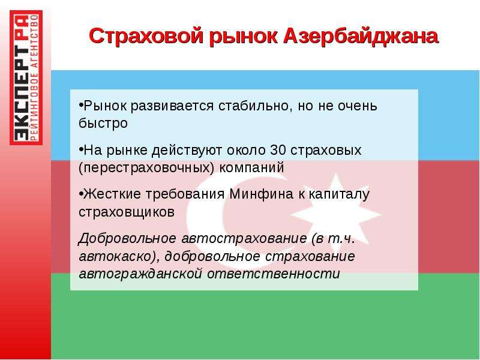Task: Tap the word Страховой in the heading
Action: click(146, 37)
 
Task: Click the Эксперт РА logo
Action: click(26, 77)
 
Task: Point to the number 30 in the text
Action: click(278, 150)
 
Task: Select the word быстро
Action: click(103, 124)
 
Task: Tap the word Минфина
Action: click(261, 194)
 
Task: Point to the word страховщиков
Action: click(127, 212)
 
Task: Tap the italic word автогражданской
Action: click(140, 274)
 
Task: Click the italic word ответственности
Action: click(274, 274)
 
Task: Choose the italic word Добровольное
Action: click(127, 238)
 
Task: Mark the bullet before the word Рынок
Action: click(81, 105)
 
